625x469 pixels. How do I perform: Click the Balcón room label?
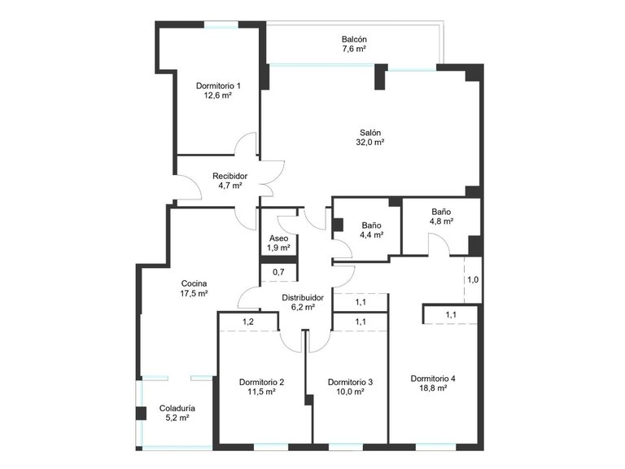point(354,39)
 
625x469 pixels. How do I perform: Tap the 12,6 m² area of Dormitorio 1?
point(217,95)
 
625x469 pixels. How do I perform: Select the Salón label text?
point(370,132)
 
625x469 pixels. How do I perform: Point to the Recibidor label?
point(229,176)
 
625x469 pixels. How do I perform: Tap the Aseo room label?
point(278,239)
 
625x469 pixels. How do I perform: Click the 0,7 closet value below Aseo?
point(278,271)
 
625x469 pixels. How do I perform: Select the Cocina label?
point(194,283)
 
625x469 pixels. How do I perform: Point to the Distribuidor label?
point(303,298)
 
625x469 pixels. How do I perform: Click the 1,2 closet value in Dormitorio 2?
point(248,322)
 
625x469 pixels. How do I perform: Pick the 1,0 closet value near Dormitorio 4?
point(472,280)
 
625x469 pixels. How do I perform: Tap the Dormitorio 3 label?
point(350,382)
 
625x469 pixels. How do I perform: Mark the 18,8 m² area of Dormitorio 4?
point(433,388)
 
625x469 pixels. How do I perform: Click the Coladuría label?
point(177,408)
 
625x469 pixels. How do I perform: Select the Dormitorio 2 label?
point(261,382)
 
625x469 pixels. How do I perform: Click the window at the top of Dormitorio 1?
point(221,24)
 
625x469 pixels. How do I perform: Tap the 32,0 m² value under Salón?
point(370,142)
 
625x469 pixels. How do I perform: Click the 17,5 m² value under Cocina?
point(194,293)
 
